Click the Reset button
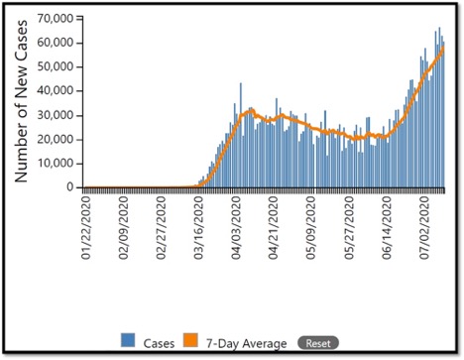[317, 342]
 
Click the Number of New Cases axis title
[21, 104]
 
